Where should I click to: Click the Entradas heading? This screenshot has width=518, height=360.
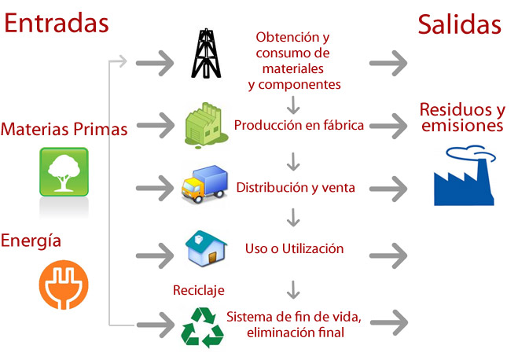coord(56,23)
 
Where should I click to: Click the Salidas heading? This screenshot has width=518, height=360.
coord(460,24)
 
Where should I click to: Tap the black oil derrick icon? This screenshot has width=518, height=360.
coord(206,53)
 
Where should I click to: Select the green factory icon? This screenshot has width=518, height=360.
coord(206,125)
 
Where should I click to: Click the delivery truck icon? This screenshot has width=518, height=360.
coord(204,184)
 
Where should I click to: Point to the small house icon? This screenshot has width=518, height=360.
coord(206,248)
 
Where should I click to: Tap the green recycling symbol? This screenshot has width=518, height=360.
coord(203,328)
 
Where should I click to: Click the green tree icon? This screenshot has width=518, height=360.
coord(64,171)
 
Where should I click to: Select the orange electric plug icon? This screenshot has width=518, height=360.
coord(64,285)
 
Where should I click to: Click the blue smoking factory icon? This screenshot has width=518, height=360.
coord(465,175)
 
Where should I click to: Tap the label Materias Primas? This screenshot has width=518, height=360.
coord(64,129)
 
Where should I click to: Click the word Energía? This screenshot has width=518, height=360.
coord(31,241)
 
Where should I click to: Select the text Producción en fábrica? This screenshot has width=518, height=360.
coord(299,125)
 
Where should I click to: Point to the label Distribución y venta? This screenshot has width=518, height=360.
coord(296,188)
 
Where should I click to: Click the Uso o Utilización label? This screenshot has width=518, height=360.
coord(294,248)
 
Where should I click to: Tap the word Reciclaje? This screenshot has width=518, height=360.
coord(199,291)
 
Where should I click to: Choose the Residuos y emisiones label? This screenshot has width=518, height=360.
coord(462,117)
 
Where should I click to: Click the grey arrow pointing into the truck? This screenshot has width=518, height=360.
coord(155,189)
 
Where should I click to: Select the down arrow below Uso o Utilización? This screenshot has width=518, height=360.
coord(293,290)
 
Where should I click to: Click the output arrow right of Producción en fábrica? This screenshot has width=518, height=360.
coord(388,126)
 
